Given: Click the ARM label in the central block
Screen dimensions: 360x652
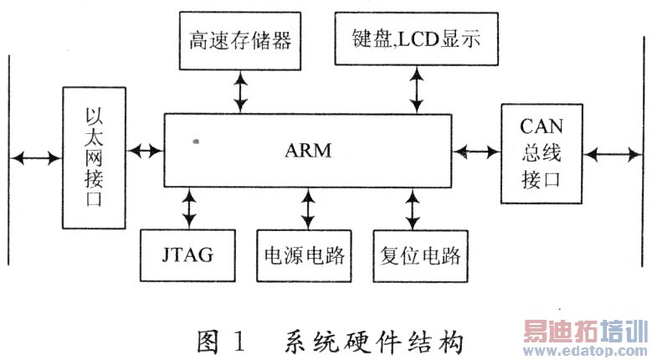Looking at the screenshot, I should point(308,152).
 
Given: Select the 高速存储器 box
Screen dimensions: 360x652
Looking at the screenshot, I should point(241,40).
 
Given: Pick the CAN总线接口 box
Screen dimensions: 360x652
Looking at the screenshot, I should point(542,153).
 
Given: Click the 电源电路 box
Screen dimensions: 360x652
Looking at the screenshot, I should point(307,254).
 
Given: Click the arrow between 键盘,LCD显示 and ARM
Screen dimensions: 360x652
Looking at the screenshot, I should point(415,90).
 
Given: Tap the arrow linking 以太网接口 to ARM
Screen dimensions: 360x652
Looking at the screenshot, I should point(146,152).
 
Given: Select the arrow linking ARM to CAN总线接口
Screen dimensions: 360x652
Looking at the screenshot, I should point(475,152).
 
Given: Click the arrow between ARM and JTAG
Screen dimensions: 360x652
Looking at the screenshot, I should point(190,208).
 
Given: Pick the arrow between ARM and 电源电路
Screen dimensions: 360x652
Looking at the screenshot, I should point(308,208).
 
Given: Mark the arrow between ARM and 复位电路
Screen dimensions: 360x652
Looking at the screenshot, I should point(412,208).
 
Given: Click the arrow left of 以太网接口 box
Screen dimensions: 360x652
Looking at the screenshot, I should point(35,156).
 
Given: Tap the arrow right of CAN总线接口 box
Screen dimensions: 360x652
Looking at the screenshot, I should point(614,154).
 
